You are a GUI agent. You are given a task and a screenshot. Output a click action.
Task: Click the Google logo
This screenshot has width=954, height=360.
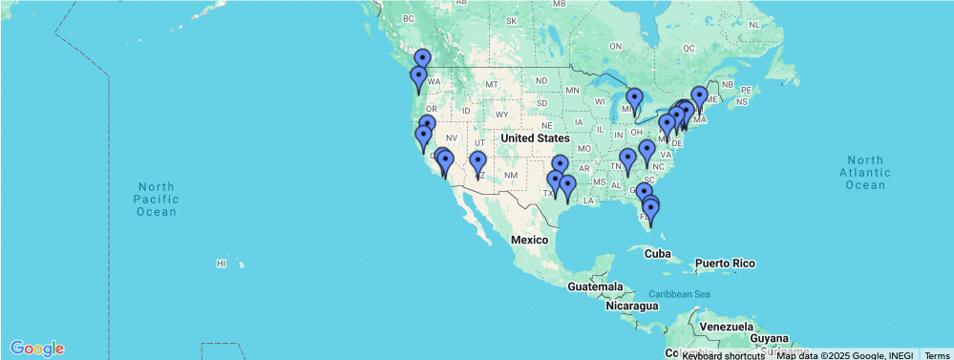point(38,348)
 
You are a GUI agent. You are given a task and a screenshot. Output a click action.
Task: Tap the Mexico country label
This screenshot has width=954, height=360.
point(534,238)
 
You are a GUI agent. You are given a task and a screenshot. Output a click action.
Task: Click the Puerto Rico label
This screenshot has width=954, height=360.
point(724,263)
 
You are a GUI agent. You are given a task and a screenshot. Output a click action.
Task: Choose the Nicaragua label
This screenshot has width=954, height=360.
point(631,307)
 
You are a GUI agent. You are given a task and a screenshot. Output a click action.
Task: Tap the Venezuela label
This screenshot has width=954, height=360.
point(729,327)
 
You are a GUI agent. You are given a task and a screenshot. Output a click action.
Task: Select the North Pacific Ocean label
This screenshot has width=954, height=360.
point(157,199)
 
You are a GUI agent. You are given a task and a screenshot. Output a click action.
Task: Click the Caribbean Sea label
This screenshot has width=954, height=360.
point(680,293)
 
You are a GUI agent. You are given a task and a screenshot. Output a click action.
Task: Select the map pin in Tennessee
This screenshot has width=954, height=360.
point(627,160)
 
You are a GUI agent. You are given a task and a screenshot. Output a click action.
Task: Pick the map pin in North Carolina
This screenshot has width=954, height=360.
point(647,151)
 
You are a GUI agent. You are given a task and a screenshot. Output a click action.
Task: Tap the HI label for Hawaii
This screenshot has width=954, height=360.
point(221,263)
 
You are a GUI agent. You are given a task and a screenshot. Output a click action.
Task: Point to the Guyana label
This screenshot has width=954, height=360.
point(769,338)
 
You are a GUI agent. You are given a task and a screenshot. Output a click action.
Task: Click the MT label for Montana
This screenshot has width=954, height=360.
point(493,85)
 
